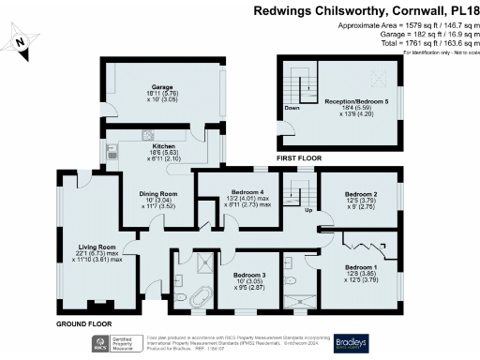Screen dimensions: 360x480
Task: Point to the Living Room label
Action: tap(96, 247)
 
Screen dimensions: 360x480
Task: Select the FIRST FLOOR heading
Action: tap(299, 159)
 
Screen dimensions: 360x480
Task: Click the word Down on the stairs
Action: tap(292, 108)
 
